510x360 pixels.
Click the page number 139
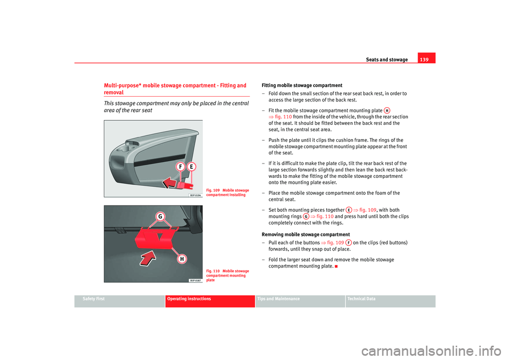pyautogui.click(x=426, y=59)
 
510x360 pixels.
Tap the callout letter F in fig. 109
pyautogui.click(x=180, y=167)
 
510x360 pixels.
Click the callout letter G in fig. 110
pyautogui.click(x=159, y=217)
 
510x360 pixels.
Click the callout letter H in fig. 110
pyautogui.click(x=181, y=258)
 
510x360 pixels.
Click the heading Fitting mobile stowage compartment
pyautogui.click(x=302, y=85)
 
